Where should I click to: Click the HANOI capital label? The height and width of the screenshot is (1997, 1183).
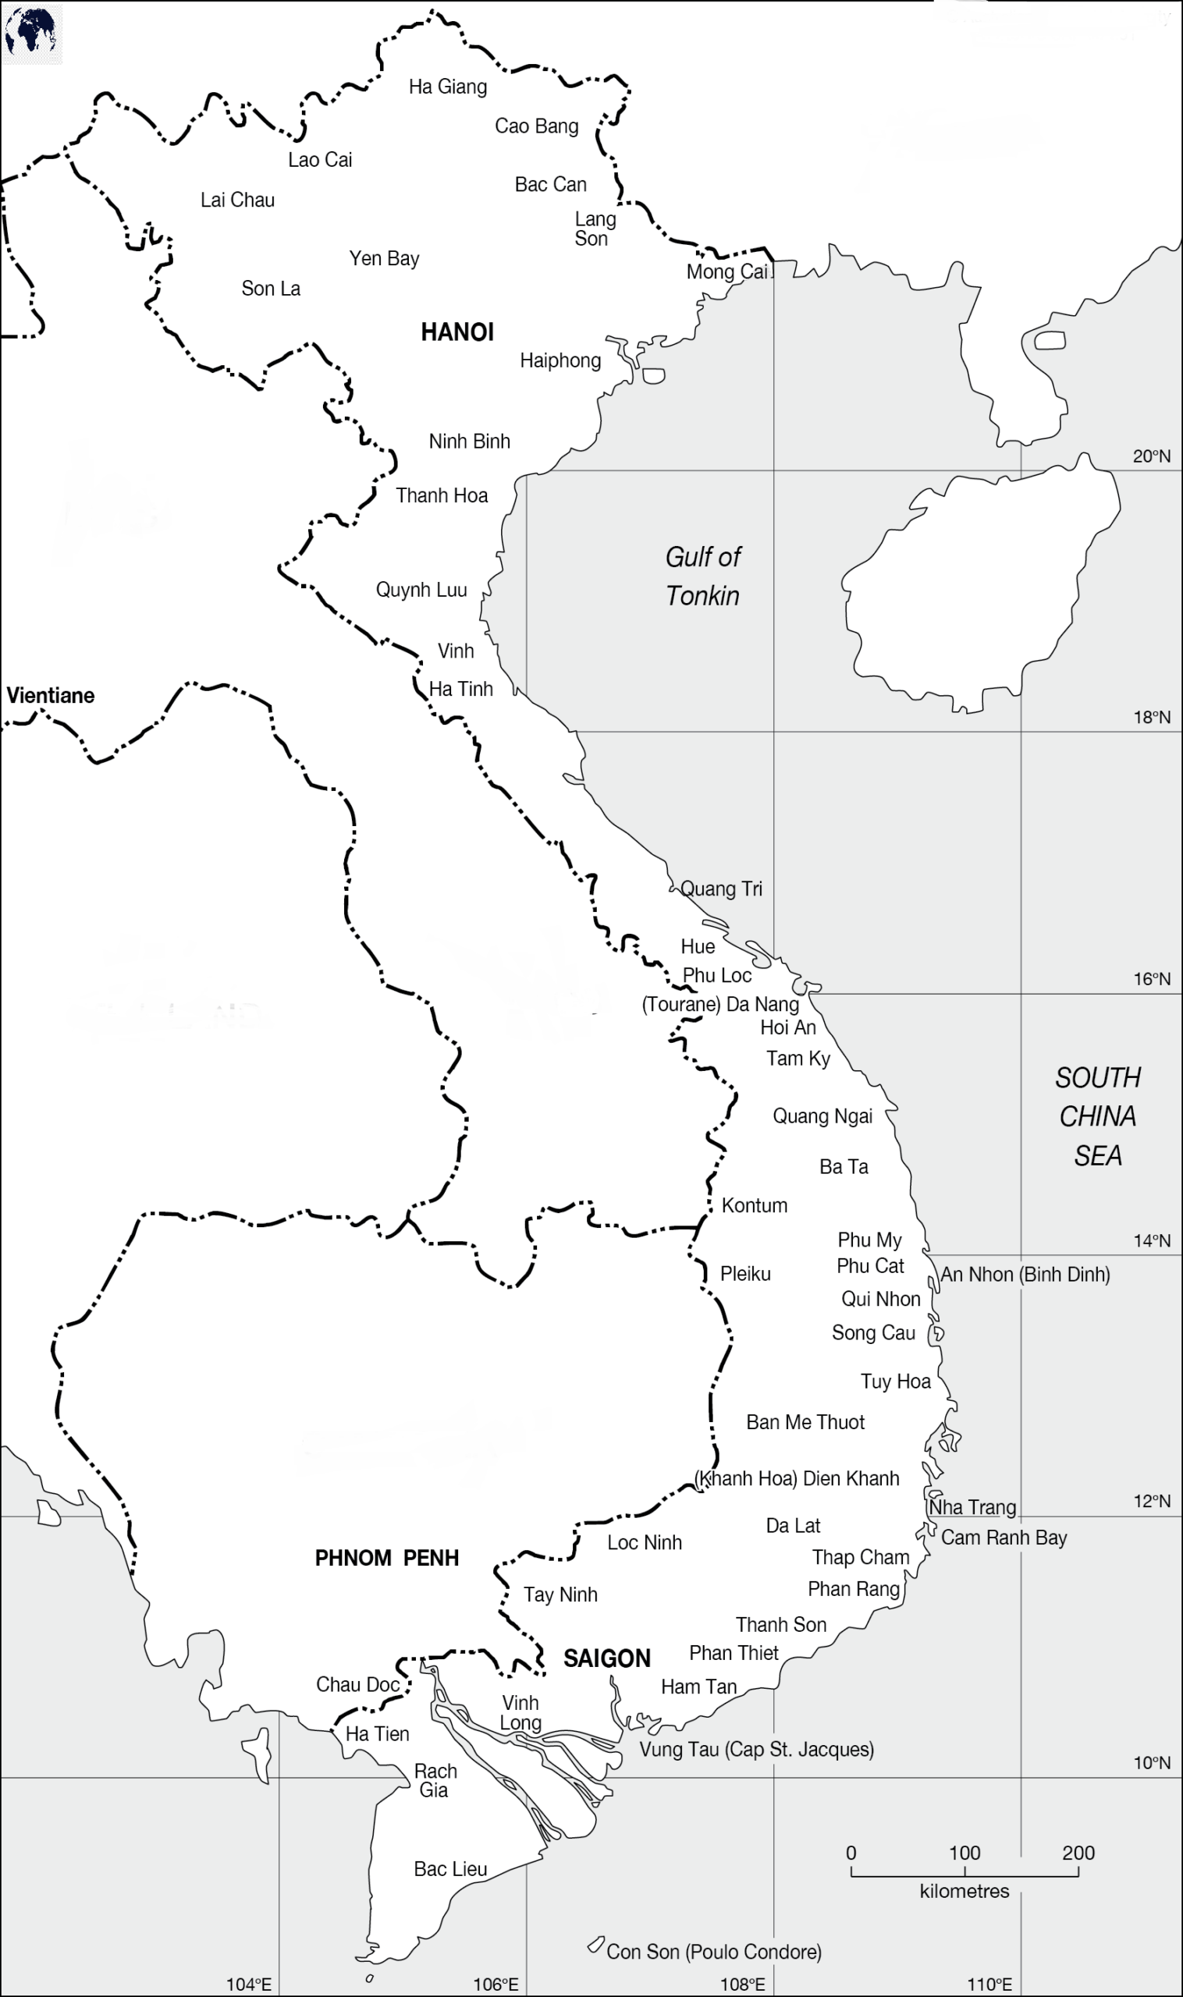pyautogui.click(x=457, y=332)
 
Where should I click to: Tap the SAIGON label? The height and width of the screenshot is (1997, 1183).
pyautogui.click(x=606, y=1658)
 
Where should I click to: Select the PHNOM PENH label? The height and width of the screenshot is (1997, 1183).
pyautogui.click(x=386, y=1558)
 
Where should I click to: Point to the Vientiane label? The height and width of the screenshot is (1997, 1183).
pyautogui.click(x=50, y=696)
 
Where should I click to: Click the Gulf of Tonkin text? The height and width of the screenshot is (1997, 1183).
pyautogui.click(x=702, y=576)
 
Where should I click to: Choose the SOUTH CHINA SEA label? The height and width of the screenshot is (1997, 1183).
pyautogui.click(x=1098, y=1116)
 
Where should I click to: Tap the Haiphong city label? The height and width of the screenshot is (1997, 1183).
pyautogui.click(x=560, y=361)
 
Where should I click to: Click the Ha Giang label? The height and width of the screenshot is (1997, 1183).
pyautogui.click(x=447, y=87)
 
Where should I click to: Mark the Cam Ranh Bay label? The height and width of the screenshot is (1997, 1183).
pyautogui.click(x=1004, y=1538)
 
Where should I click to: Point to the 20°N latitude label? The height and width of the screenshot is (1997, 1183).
pyautogui.click(x=1152, y=456)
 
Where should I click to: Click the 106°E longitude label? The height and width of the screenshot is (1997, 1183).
pyautogui.click(x=496, y=1985)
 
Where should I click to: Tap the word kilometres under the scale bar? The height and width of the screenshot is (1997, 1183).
pyautogui.click(x=964, y=1891)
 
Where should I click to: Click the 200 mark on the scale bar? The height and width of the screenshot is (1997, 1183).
pyautogui.click(x=1078, y=1853)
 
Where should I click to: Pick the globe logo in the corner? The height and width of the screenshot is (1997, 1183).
pyautogui.click(x=30, y=32)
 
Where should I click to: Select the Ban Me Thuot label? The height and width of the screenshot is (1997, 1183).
pyautogui.click(x=805, y=1422)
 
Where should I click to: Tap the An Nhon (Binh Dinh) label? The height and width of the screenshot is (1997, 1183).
pyautogui.click(x=1025, y=1274)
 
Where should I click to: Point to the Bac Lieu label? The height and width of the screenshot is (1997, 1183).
pyautogui.click(x=450, y=1869)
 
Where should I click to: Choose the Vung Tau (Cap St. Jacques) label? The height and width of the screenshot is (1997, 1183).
pyautogui.click(x=756, y=1749)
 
